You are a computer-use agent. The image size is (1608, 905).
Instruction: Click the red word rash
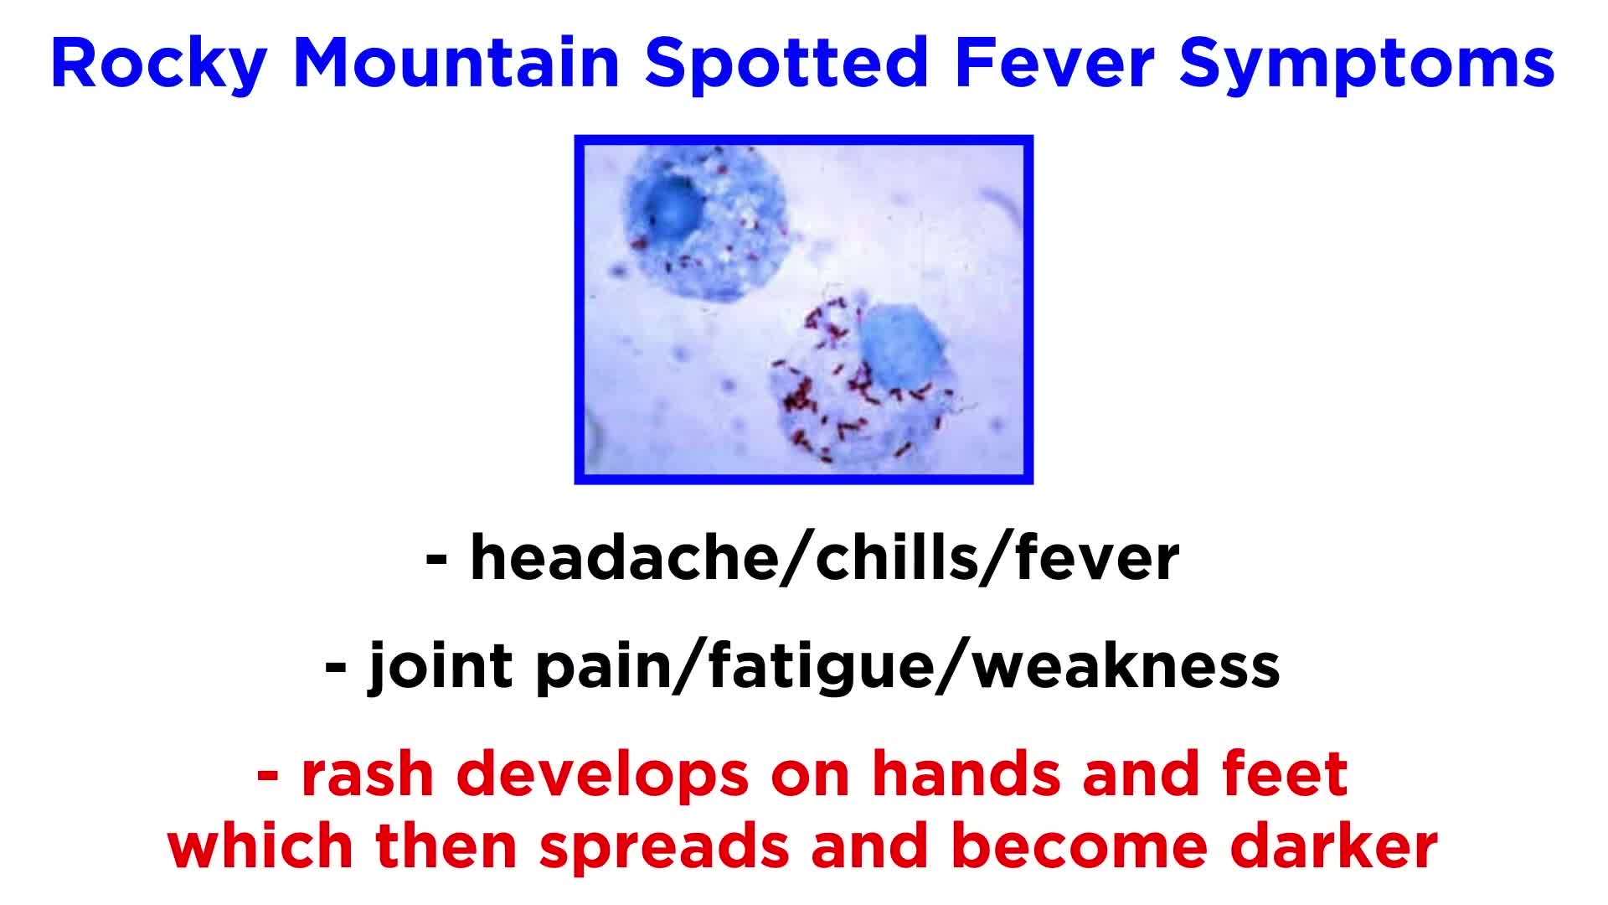pos(367,776)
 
